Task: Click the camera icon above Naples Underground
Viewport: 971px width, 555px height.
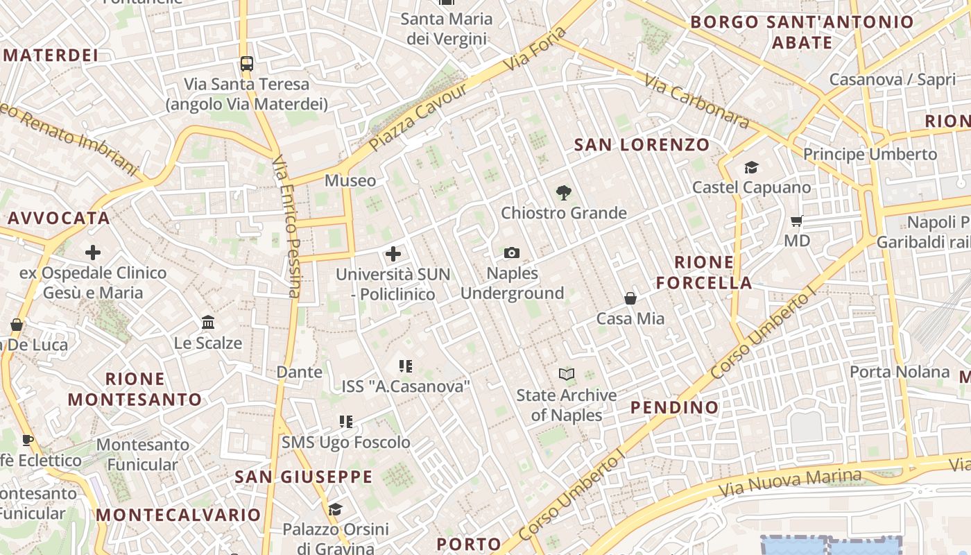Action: [512, 253]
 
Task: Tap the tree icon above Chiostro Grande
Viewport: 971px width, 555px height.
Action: [564, 193]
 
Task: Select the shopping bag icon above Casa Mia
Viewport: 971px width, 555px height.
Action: [630, 298]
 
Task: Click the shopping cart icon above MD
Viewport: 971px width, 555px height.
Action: [797, 221]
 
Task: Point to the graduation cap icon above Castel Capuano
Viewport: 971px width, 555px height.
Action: [751, 167]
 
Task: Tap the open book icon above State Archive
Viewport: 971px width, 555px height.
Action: [567, 375]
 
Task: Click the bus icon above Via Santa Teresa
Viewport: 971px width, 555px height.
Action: [246, 64]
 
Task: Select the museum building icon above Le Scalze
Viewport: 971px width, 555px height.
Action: [208, 323]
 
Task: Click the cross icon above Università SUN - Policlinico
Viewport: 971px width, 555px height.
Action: [393, 254]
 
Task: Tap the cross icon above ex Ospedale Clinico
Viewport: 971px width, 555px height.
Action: [93, 253]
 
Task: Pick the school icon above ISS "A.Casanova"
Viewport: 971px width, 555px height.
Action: [406, 366]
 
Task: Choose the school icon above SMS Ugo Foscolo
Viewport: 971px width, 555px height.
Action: [346, 422]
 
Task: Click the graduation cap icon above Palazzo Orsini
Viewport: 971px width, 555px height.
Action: [335, 510]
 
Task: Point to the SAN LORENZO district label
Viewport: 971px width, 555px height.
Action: [642, 145]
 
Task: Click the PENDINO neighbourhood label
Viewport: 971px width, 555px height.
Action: [674, 407]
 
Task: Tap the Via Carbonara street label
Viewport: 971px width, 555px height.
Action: [697, 101]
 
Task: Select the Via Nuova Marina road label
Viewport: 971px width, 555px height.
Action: [790, 483]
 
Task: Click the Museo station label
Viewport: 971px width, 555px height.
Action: [350, 181]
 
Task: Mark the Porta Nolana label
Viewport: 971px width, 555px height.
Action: [900, 372]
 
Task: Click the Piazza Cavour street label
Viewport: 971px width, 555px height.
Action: [418, 119]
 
